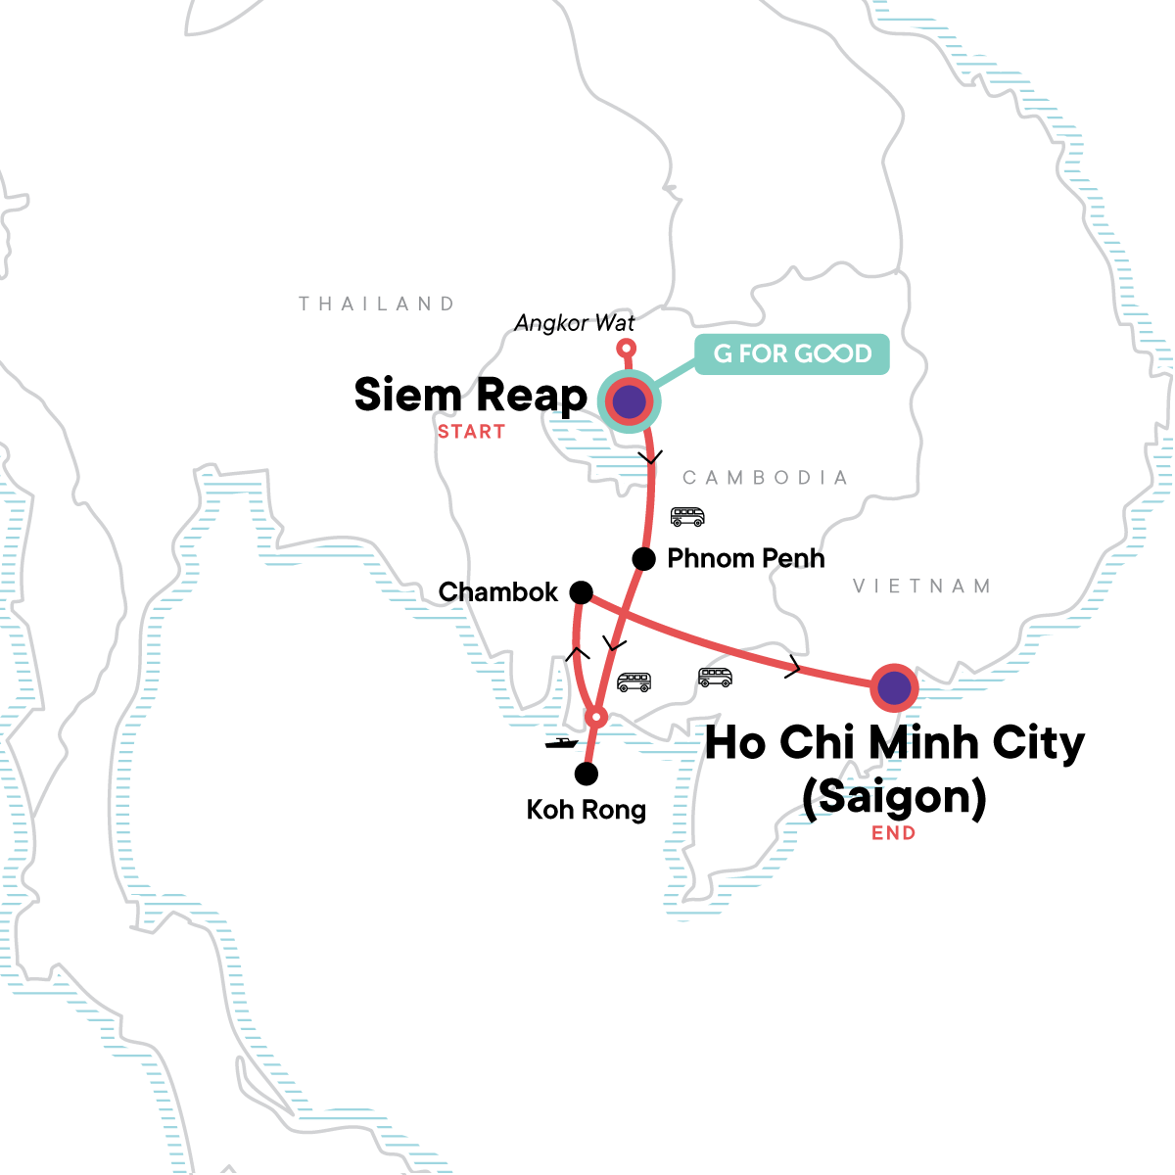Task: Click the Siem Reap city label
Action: click(470, 395)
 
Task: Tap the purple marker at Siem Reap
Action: click(629, 400)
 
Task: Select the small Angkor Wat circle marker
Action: click(627, 349)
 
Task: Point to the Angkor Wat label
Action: click(575, 323)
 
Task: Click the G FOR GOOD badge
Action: click(791, 353)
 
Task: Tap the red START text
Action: click(471, 432)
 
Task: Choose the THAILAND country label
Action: click(377, 304)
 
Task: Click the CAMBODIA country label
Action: click(765, 478)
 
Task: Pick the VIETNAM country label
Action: click(921, 587)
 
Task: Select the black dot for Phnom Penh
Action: click(643, 559)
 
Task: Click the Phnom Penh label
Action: click(745, 558)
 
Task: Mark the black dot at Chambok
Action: click(581, 592)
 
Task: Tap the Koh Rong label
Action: click(586, 810)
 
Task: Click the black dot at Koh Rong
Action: click(586, 775)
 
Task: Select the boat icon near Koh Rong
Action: click(561, 743)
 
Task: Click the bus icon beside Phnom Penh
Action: click(687, 516)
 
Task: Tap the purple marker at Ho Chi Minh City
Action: click(894, 688)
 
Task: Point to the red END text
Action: click(894, 833)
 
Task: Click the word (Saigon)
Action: click(893, 796)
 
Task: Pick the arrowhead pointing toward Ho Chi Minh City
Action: click(794, 670)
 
